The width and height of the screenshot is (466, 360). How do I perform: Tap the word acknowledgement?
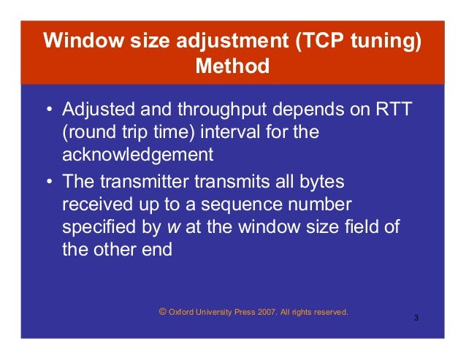(137, 155)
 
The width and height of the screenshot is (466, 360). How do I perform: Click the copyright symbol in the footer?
(162, 311)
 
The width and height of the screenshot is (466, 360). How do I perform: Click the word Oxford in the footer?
(181, 312)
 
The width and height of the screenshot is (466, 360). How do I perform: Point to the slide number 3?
(416, 319)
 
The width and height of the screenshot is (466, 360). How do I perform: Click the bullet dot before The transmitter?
(49, 182)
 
